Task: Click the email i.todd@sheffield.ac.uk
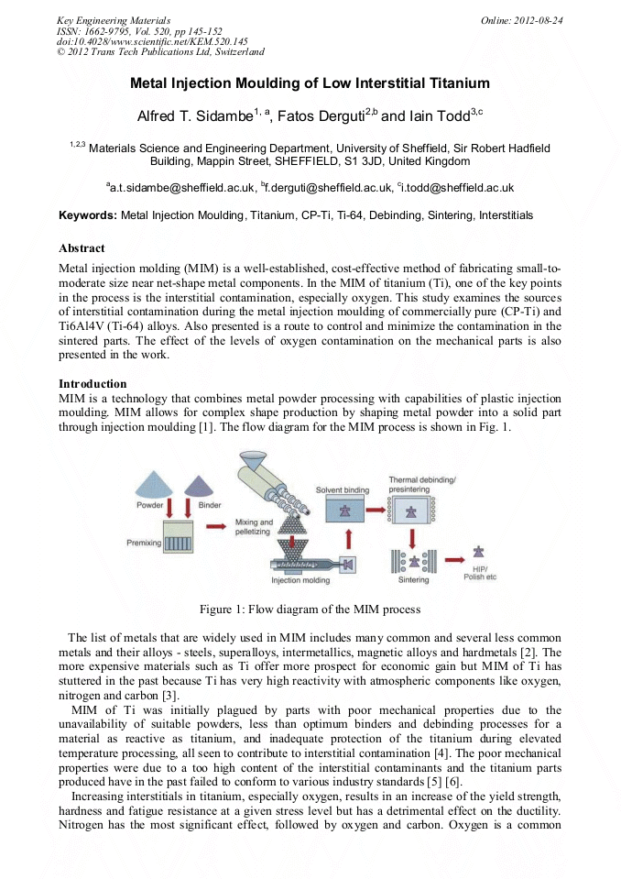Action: click(x=457, y=188)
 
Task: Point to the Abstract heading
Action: click(x=82, y=248)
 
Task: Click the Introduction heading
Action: click(x=93, y=383)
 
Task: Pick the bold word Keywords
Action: click(x=88, y=215)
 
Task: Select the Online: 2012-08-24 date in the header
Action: click(x=521, y=20)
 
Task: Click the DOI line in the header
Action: click(x=152, y=42)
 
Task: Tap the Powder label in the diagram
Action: click(x=150, y=505)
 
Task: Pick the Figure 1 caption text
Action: click(x=310, y=610)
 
